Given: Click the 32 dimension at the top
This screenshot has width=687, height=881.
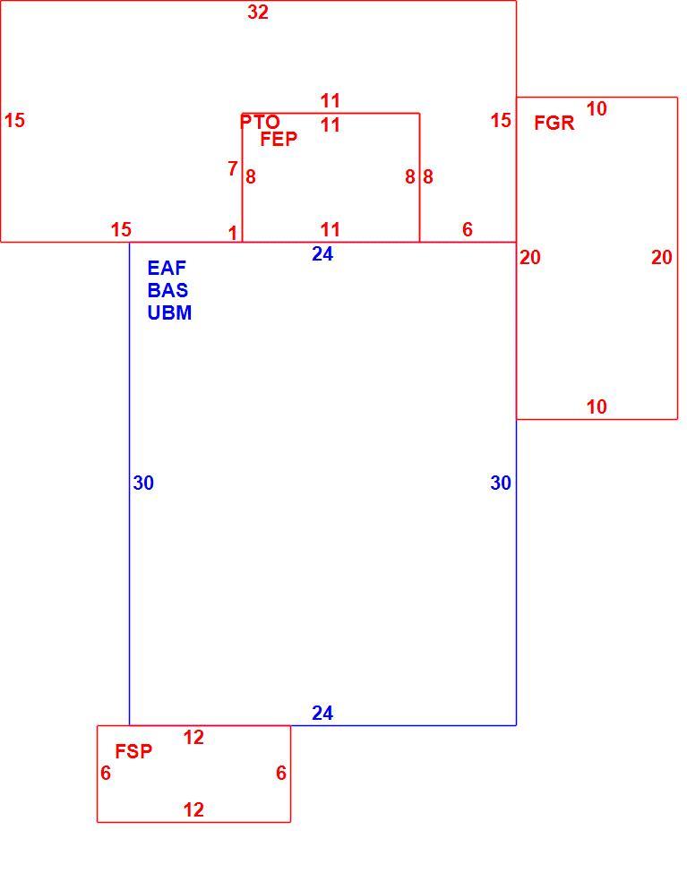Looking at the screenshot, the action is [x=258, y=12].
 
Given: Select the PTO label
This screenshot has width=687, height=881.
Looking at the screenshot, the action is [x=260, y=122].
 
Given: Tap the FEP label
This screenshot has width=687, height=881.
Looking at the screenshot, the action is [x=279, y=139].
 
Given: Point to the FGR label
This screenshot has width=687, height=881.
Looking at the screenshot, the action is [x=554, y=123].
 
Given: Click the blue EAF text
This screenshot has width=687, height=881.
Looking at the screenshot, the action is [x=167, y=268].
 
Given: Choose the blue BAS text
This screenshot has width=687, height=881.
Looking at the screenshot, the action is [x=167, y=290].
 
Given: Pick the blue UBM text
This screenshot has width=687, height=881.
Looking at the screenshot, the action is [x=169, y=312].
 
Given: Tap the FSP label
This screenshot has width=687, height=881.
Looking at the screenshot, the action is [x=133, y=751].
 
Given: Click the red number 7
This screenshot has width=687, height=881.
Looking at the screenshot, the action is [x=233, y=168].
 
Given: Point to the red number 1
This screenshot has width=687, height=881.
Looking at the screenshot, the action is [x=233, y=233].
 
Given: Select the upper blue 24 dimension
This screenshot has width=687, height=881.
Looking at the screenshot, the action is [x=322, y=254].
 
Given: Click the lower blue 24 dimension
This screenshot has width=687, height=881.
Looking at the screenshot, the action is [x=322, y=713].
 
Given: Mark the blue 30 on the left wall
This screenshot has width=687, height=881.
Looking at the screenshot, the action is [x=143, y=483].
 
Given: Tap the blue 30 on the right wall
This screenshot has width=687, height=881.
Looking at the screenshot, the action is [x=501, y=483].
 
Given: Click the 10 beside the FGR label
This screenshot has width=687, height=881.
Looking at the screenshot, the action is [x=597, y=108].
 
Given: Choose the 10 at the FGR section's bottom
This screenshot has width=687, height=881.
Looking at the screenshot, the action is [x=597, y=406].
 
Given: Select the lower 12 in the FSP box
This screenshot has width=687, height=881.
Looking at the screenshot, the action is [x=193, y=809].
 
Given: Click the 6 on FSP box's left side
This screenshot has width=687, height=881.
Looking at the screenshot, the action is [x=106, y=774].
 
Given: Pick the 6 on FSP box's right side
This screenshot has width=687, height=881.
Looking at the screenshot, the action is [x=281, y=774].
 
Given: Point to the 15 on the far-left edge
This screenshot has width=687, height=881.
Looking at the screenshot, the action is [x=14, y=120].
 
